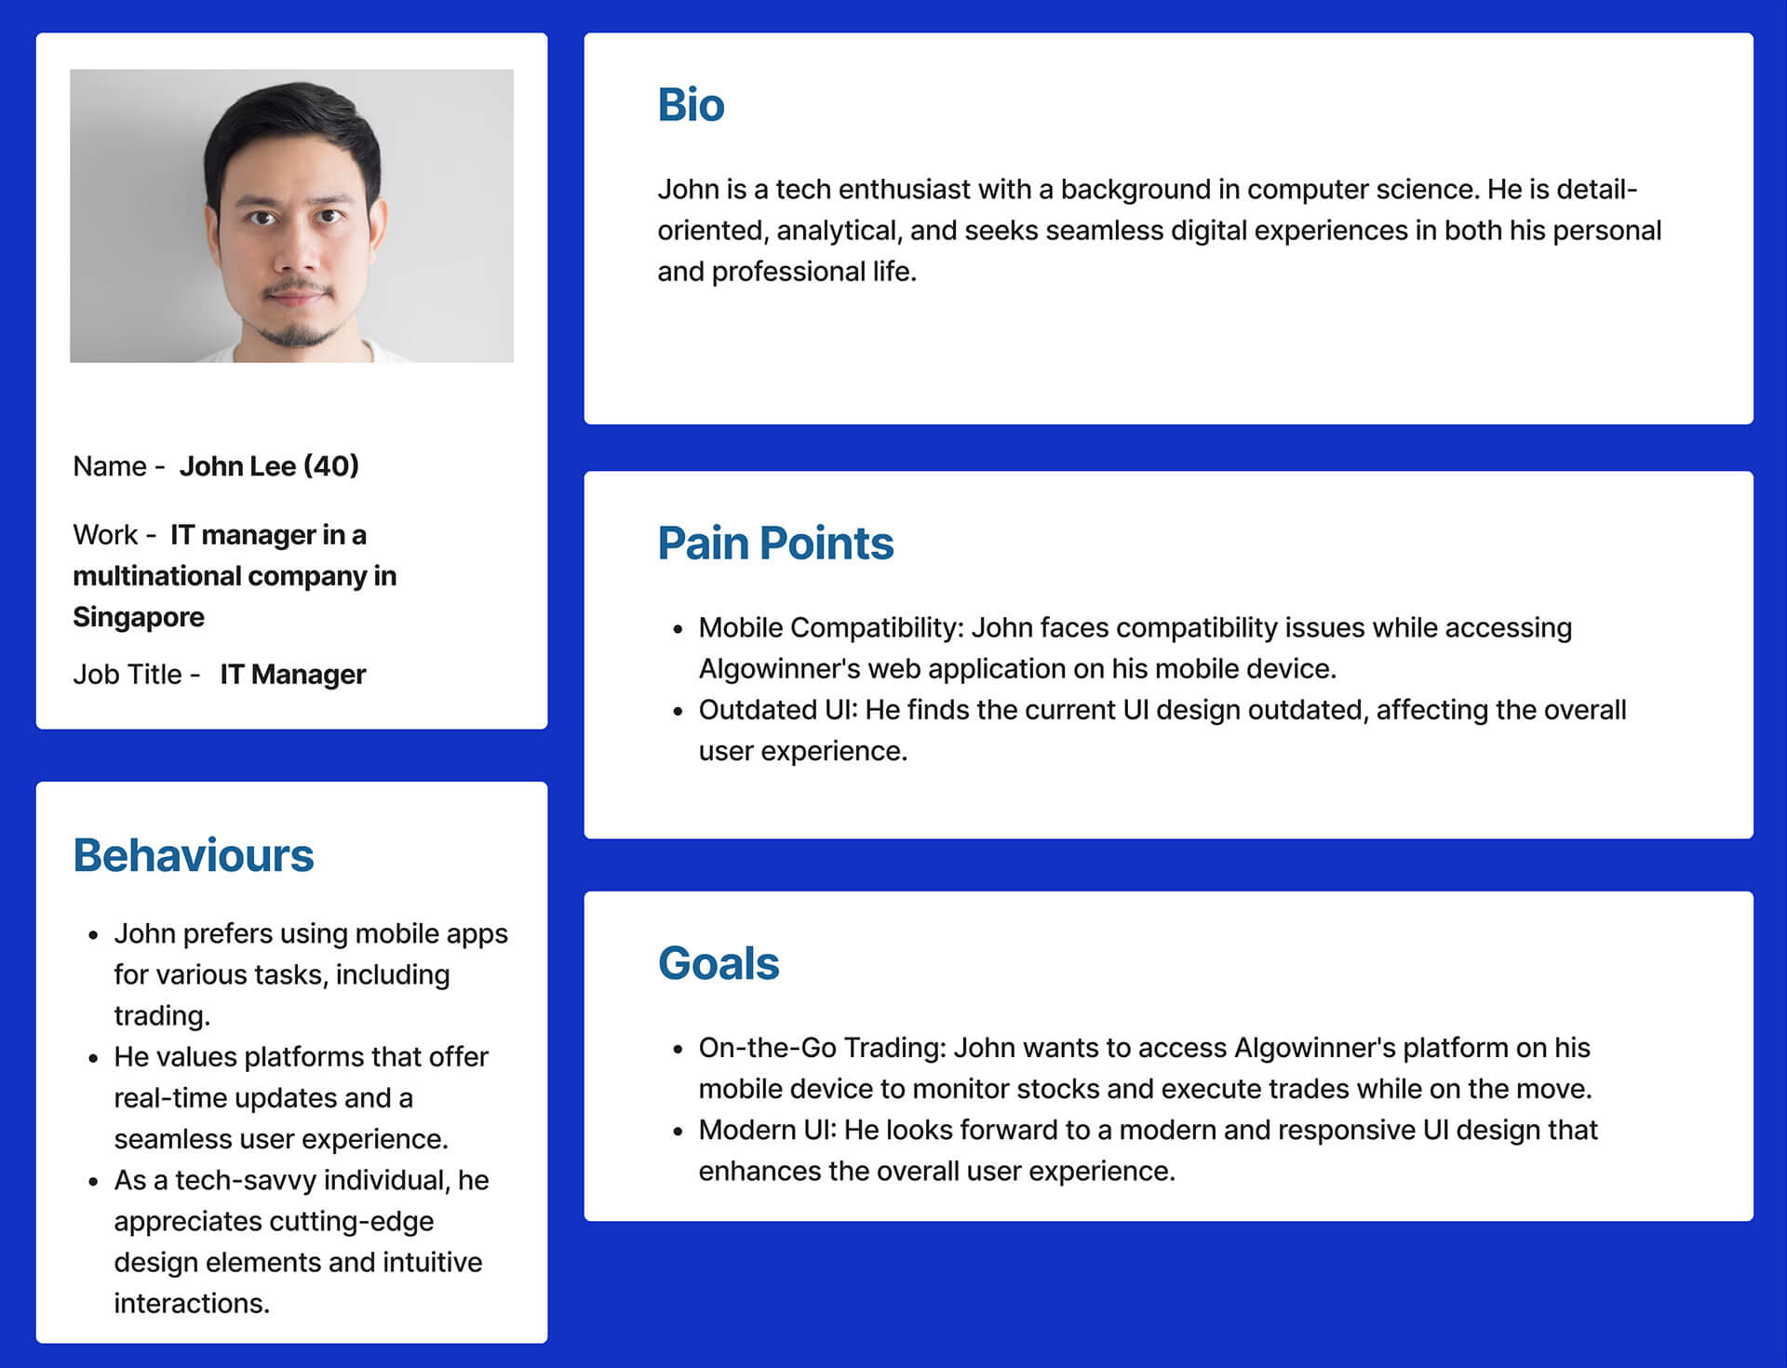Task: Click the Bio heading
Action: [691, 104]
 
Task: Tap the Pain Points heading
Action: [775, 543]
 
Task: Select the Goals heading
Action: [719, 963]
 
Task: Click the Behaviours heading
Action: [194, 855]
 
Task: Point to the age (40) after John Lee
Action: [331, 465]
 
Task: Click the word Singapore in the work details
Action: [139, 617]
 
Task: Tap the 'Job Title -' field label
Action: [137, 674]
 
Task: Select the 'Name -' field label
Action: [119, 465]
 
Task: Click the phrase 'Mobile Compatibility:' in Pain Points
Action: [831, 628]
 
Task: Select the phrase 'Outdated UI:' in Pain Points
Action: [778, 709]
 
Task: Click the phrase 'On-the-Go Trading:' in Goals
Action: [823, 1048]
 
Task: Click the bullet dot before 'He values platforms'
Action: [93, 1058]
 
